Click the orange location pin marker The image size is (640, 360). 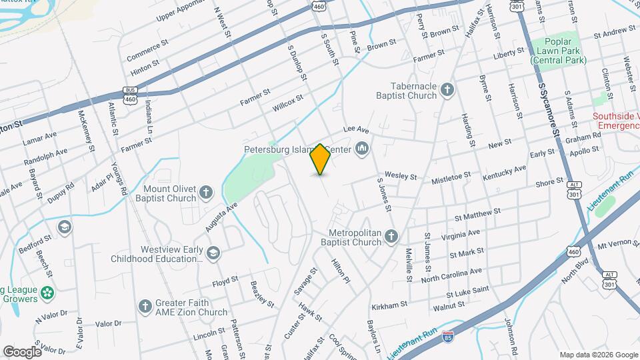coord(320,159)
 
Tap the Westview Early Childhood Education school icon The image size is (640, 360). coord(213,253)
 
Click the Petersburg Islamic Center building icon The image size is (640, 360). coord(363,147)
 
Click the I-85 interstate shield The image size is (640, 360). coord(449,339)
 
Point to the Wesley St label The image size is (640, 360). coord(400,177)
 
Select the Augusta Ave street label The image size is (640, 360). coord(221,217)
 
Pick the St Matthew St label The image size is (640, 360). coord(477,215)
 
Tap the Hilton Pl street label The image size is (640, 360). coord(340,273)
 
